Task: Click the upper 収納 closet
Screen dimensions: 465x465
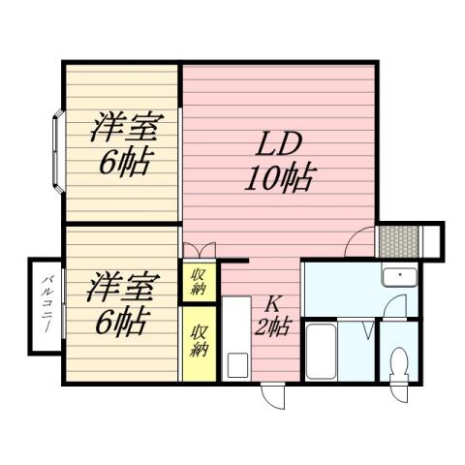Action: (x=197, y=281)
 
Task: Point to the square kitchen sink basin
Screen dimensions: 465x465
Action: (x=237, y=366)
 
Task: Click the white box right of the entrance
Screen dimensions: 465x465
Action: (x=432, y=238)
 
